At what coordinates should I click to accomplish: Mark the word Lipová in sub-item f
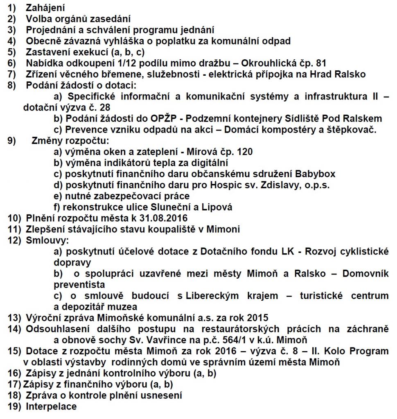pyautogui.click(x=218, y=207)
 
